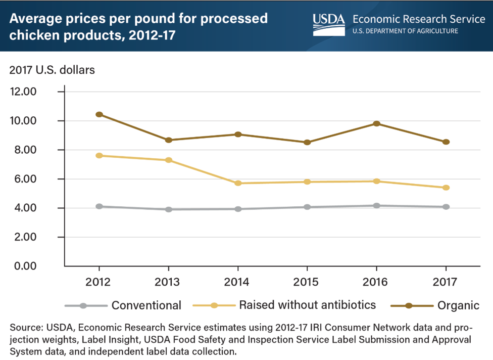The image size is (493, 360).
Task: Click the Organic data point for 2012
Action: click(x=99, y=114)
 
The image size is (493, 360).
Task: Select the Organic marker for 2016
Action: click(x=377, y=123)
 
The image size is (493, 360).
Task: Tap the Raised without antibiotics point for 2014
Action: click(x=238, y=183)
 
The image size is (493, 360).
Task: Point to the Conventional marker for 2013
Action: click(x=168, y=209)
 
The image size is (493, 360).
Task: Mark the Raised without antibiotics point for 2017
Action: click(x=446, y=188)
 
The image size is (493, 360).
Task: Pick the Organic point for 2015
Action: click(x=307, y=142)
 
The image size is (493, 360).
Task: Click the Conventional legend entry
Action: click(x=146, y=305)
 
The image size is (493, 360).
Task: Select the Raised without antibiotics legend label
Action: click(x=308, y=305)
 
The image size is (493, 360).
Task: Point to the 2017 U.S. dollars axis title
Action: click(x=52, y=70)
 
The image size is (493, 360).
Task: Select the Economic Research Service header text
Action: click(x=419, y=19)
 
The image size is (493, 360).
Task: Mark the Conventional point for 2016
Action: click(x=377, y=206)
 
